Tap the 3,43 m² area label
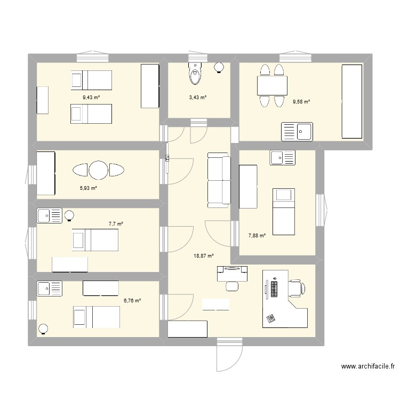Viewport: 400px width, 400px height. click(x=198, y=97)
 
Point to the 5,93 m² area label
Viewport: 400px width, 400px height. click(x=89, y=188)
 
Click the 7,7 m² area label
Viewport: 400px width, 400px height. click(x=116, y=224)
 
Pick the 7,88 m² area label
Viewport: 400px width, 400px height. click(x=257, y=235)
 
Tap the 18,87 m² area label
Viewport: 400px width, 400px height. click(x=203, y=255)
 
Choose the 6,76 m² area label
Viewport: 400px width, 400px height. click(x=132, y=301)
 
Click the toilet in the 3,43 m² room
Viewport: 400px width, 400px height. click(x=195, y=74)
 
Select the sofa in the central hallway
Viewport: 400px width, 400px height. click(x=218, y=180)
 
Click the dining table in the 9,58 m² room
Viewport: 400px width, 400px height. click(x=272, y=85)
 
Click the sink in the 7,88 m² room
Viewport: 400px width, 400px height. click(x=283, y=157)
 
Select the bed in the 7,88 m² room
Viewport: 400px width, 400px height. click(x=283, y=211)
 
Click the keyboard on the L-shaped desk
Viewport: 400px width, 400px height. click(x=274, y=290)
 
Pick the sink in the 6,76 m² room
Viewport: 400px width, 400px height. click(x=49, y=289)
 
